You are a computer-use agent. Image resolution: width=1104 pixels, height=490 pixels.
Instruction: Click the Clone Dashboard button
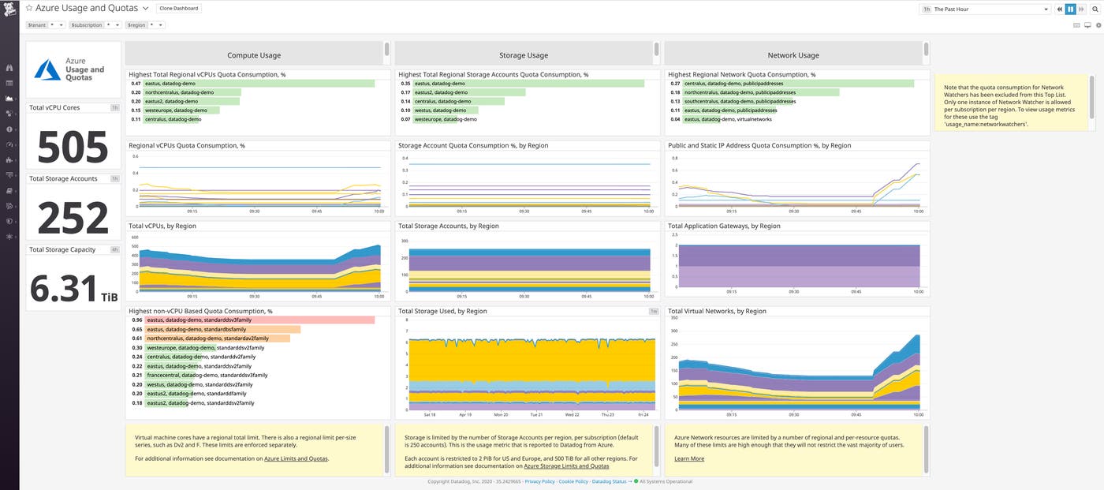(179, 8)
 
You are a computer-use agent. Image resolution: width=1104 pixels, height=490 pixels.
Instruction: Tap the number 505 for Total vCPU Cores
(73, 147)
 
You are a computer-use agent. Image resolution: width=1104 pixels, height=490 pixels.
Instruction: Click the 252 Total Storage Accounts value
(73, 218)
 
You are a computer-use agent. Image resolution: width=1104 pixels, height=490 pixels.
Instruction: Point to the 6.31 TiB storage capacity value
(73, 289)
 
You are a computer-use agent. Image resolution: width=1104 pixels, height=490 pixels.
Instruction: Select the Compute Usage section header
(254, 55)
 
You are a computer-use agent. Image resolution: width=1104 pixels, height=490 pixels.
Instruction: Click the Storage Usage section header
(524, 55)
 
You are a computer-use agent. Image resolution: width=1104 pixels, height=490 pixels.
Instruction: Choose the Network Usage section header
(793, 55)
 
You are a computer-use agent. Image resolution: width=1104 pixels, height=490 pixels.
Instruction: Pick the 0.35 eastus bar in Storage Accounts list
(528, 84)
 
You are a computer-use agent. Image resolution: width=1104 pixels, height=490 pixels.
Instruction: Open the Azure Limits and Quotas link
(296, 458)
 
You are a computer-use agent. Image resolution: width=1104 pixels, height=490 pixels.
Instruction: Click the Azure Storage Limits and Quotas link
(566, 466)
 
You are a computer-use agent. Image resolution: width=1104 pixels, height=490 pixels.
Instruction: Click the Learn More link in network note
(689, 458)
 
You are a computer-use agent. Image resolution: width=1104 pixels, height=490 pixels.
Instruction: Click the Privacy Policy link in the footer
(539, 481)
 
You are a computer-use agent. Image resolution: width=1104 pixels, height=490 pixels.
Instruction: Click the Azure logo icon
(47, 70)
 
